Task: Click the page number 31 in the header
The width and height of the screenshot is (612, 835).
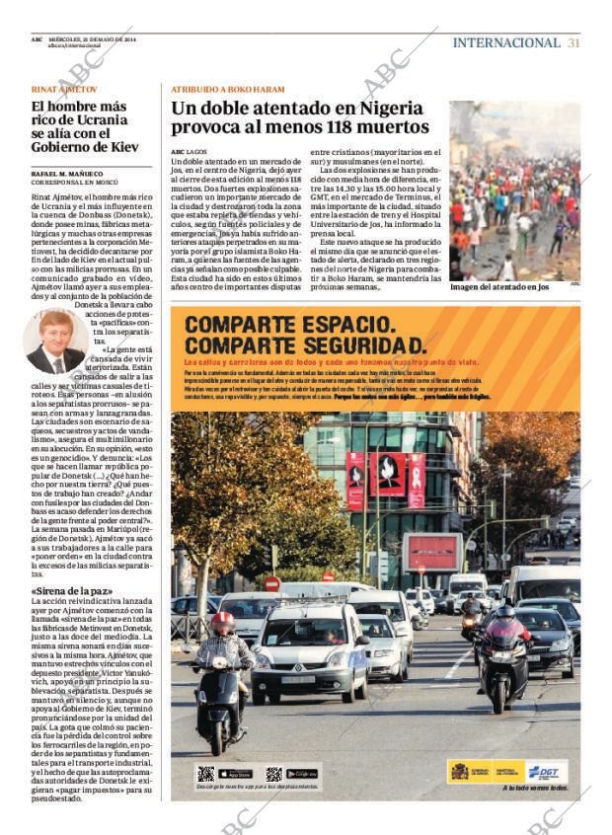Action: click(x=574, y=42)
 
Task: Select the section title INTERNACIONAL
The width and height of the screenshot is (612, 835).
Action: click(x=505, y=42)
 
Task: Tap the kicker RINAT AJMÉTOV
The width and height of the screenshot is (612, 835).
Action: click(x=64, y=89)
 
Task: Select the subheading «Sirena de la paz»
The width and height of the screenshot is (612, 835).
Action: click(x=71, y=592)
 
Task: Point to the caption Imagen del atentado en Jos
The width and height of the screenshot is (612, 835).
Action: click(x=498, y=287)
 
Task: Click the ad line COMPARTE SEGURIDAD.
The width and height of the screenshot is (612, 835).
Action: click(x=306, y=344)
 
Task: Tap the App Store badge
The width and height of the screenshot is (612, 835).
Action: click(x=235, y=773)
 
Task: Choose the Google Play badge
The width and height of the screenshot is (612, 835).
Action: click(x=301, y=773)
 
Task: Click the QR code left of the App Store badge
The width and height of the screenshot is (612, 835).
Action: click(x=205, y=774)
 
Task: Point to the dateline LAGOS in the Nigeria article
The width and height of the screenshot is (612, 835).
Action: click(x=197, y=151)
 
